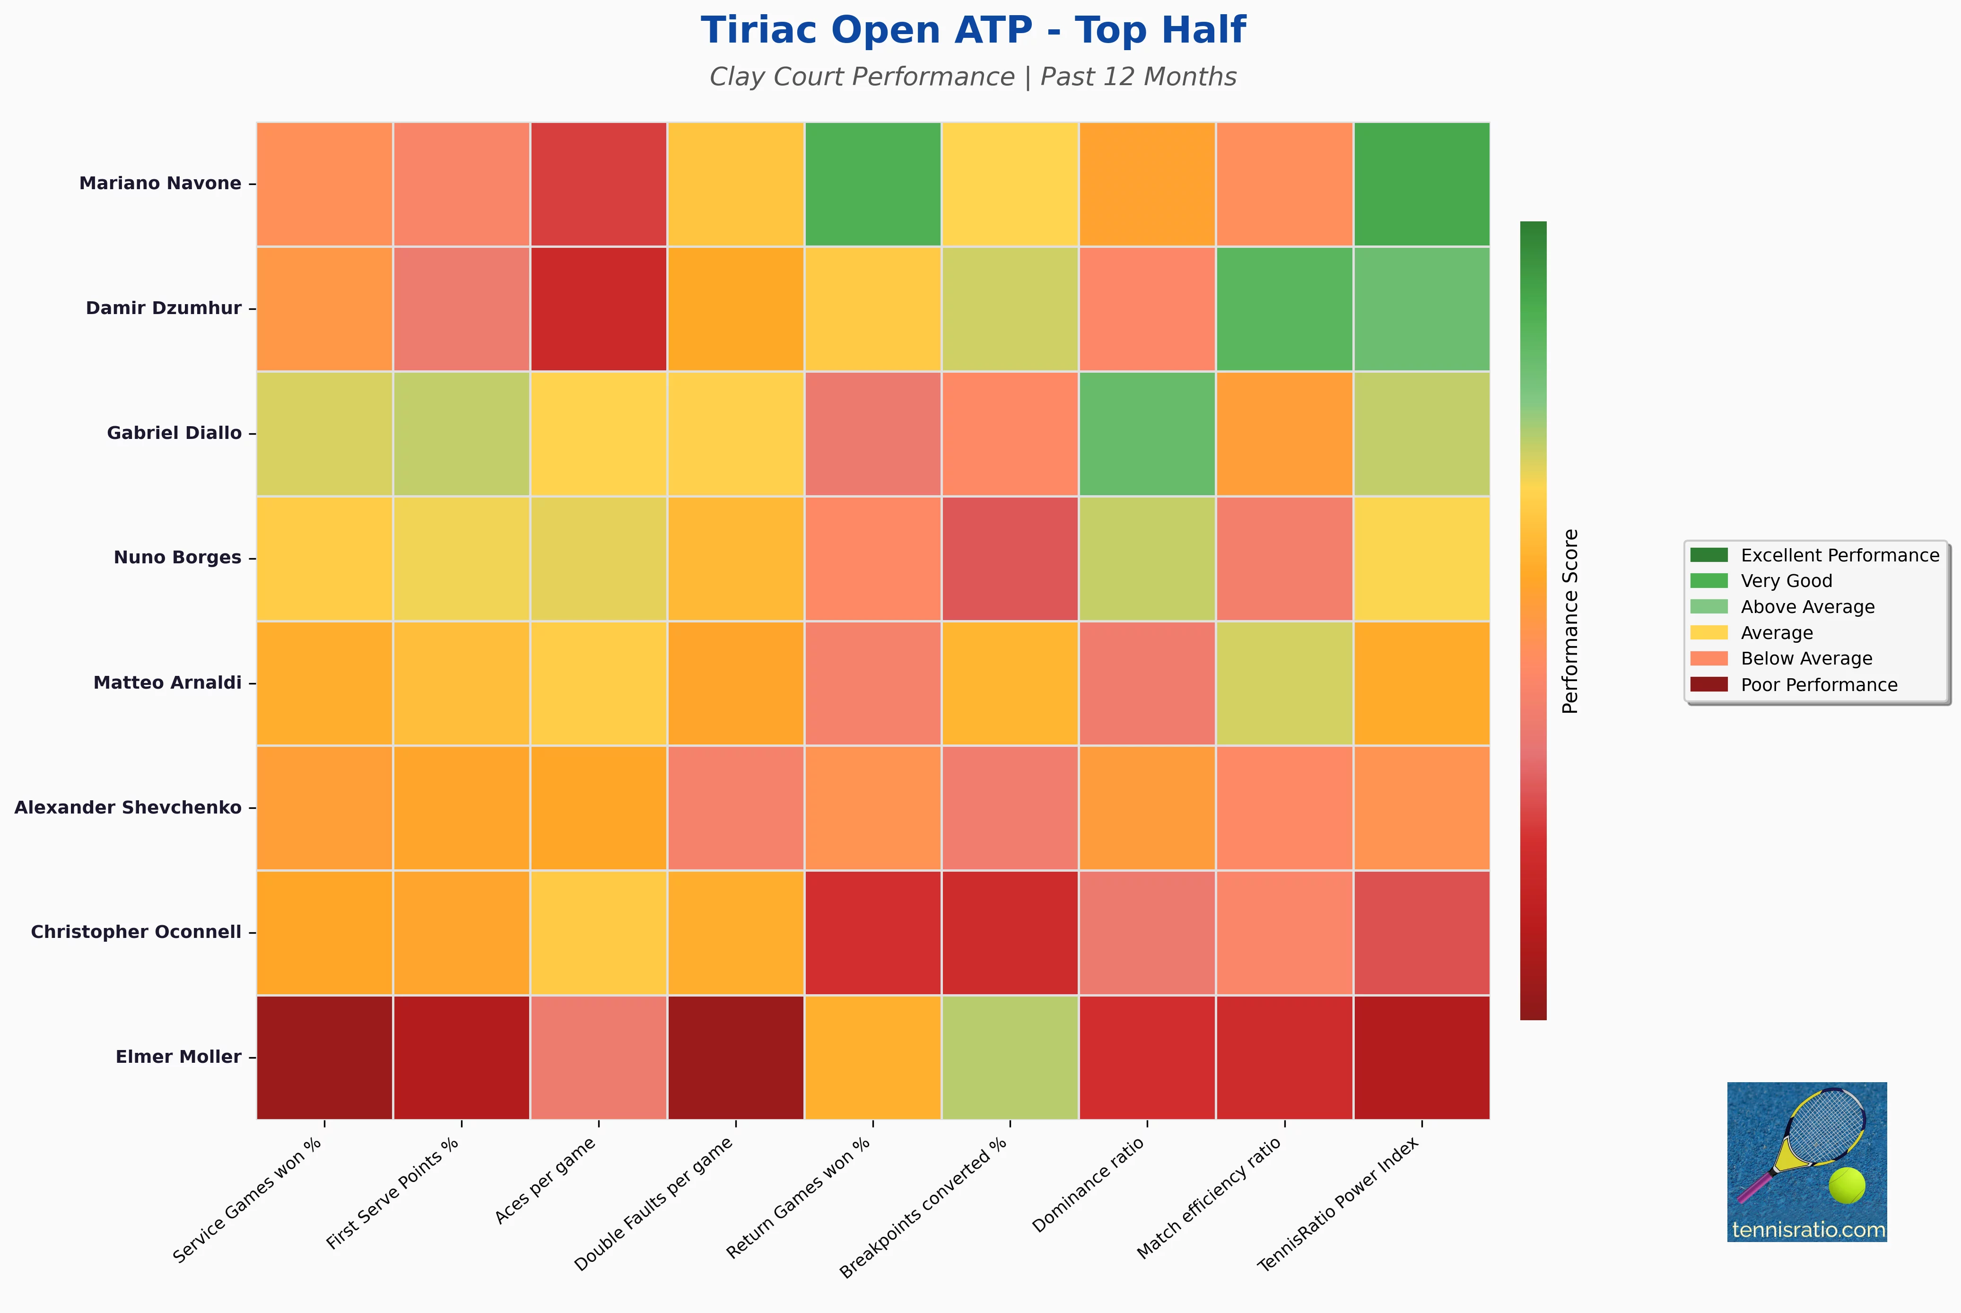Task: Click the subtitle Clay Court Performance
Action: point(861,77)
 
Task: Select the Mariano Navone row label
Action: point(160,184)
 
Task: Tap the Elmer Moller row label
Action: point(178,1057)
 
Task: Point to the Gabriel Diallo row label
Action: point(174,433)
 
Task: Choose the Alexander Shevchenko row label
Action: point(128,807)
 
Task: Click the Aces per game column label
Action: point(546,1180)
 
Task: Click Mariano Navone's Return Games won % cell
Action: point(873,184)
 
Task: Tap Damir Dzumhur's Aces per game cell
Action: point(599,308)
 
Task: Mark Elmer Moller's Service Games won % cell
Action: point(325,1057)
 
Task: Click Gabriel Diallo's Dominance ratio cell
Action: point(1147,433)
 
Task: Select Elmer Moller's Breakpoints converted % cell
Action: point(1010,1057)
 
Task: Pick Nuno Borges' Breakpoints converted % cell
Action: point(1010,558)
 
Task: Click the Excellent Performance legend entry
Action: point(1814,555)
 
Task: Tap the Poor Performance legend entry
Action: point(1794,685)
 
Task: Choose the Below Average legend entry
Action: point(1781,659)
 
